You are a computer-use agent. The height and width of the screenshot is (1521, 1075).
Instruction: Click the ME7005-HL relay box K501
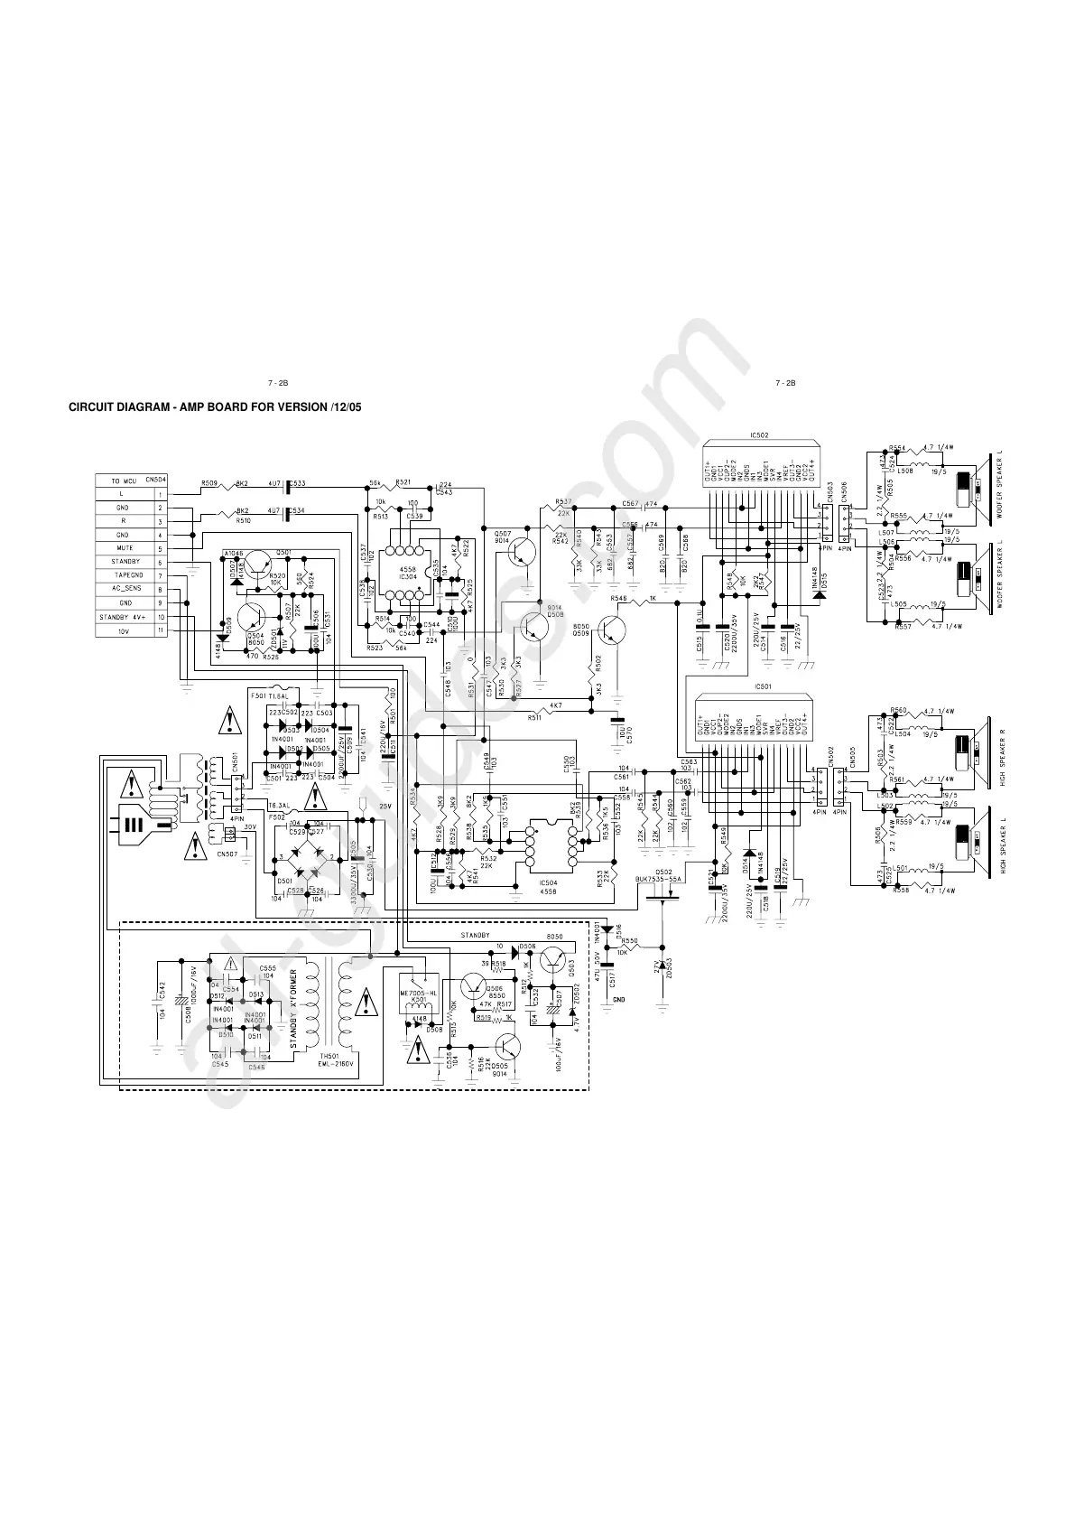[x=416, y=991]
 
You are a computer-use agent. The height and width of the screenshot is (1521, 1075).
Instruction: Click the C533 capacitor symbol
[x=289, y=488]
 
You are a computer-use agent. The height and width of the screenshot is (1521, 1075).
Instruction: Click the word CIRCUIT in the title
[x=93, y=408]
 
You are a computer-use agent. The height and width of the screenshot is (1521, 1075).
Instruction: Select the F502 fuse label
[x=277, y=816]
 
